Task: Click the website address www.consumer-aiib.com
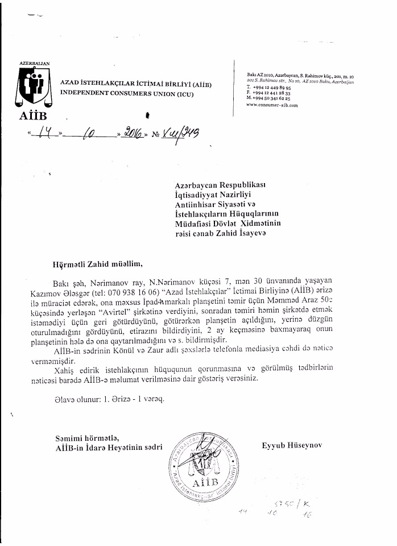point(272,105)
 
